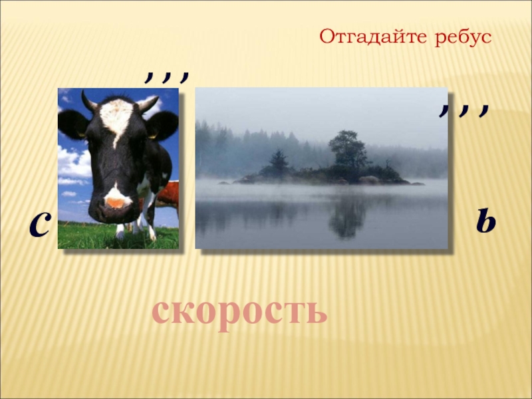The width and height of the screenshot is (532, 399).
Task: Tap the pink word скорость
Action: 239,312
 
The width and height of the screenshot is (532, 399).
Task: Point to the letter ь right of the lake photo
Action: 486,221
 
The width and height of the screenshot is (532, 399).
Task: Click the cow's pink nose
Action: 115,203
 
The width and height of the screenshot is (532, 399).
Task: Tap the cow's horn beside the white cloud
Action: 148,104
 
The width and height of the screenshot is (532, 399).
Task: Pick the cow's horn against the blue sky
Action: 88,101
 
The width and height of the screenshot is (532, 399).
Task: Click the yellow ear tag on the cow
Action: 152,136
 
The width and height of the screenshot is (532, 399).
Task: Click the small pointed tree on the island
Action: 279,161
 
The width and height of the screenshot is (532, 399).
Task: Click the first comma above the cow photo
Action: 149,78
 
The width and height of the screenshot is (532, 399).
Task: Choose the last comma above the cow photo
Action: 184,78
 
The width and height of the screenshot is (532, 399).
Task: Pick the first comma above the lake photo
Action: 444,110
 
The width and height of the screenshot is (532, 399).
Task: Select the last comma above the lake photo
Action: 484,110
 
